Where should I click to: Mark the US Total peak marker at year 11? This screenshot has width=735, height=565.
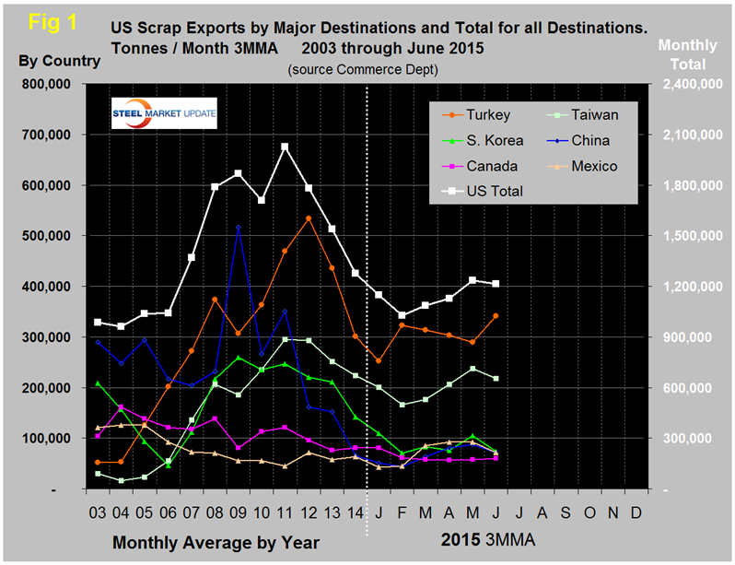pyautogui.click(x=285, y=147)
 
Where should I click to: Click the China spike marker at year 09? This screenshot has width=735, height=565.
pyautogui.click(x=239, y=227)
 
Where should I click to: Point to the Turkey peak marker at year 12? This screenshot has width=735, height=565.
pyautogui.click(x=308, y=218)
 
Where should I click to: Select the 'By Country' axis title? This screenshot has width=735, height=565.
pyautogui.click(x=58, y=61)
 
